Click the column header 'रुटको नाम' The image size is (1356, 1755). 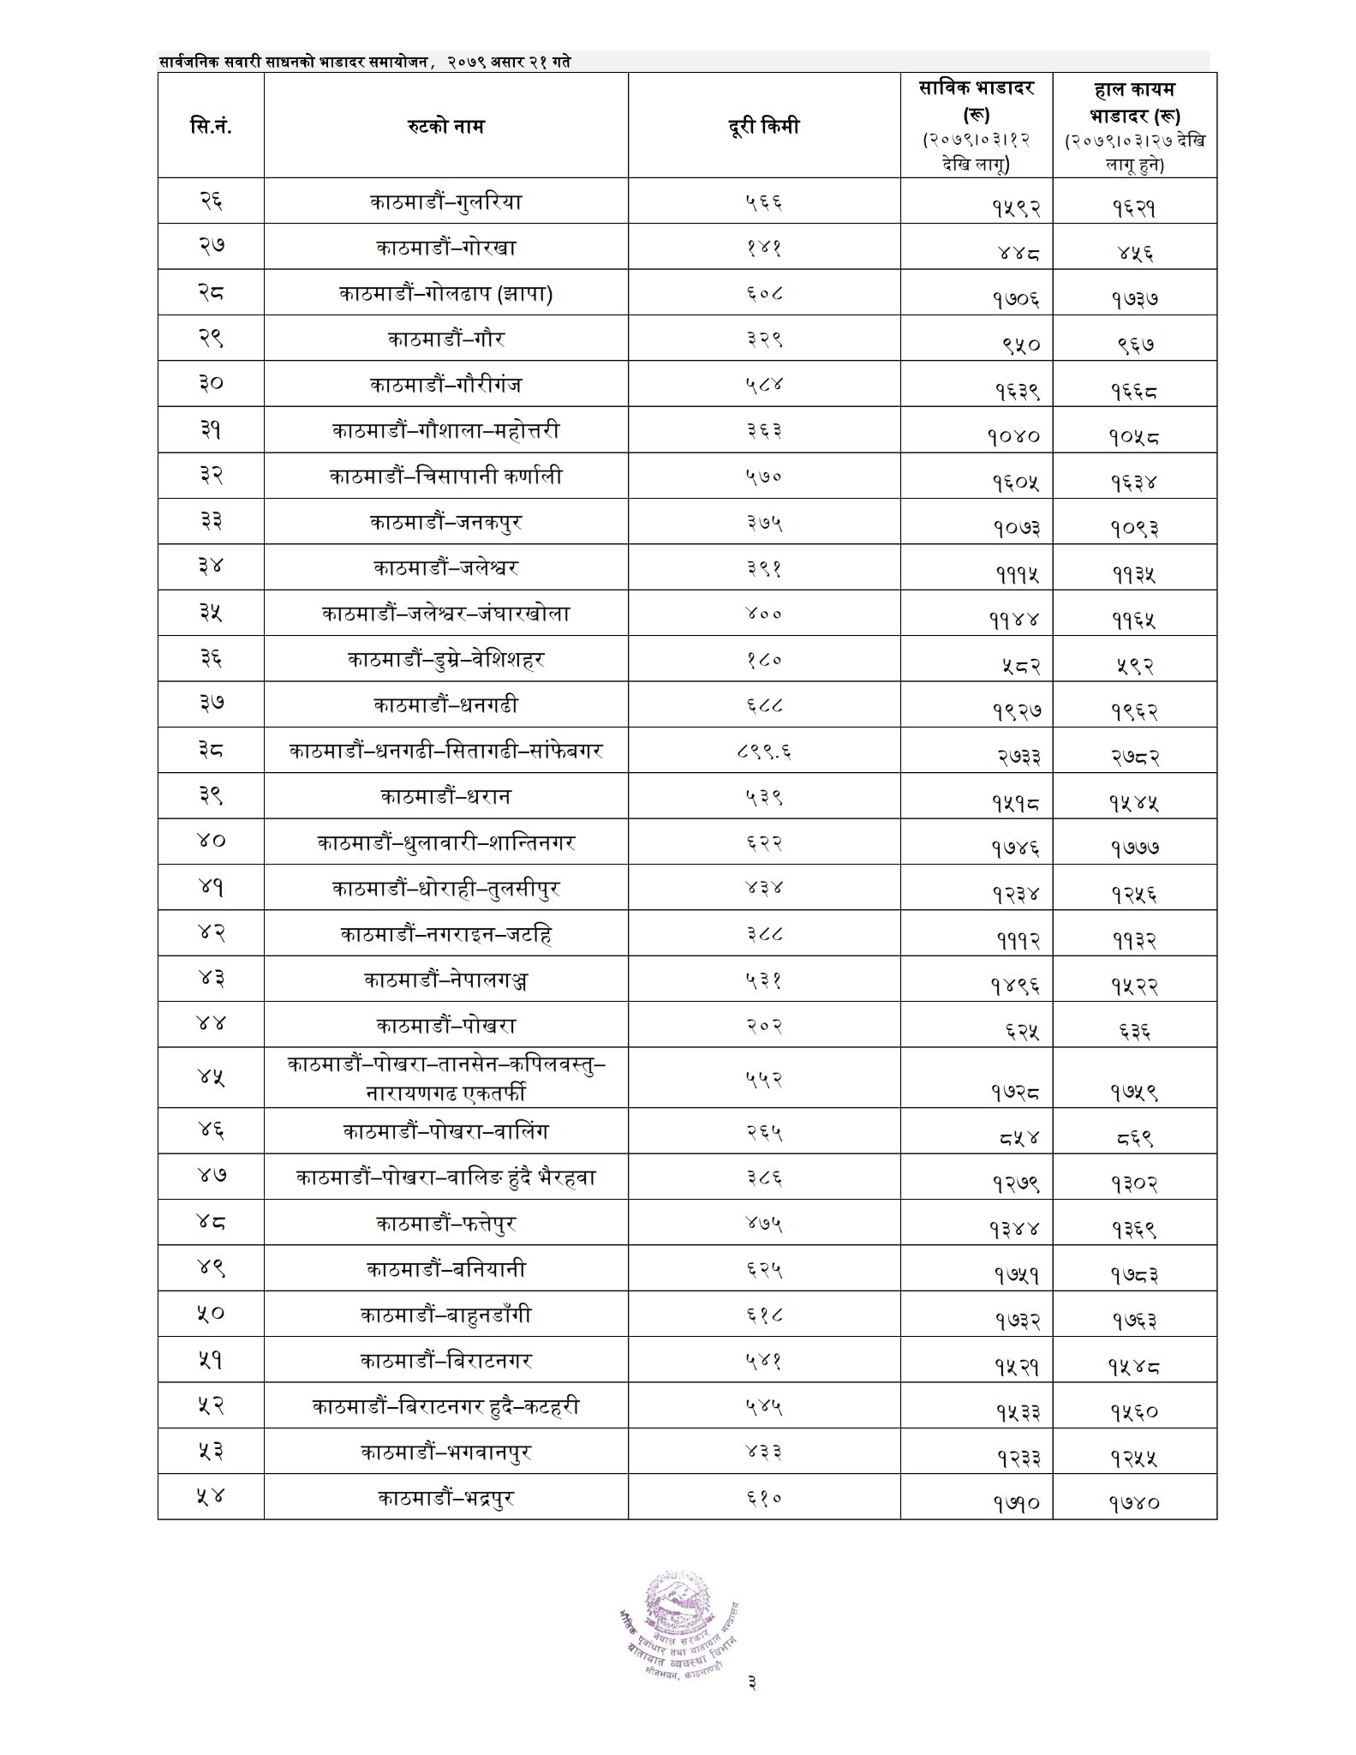445,127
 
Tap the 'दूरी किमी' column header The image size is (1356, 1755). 763,126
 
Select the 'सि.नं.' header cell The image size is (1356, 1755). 211,127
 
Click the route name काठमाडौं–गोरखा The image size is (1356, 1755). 445,249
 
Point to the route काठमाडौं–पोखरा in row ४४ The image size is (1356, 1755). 445,1026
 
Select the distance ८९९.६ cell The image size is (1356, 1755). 763,752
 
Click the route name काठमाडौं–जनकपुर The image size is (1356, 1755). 445,522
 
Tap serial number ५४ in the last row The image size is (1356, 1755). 211,1497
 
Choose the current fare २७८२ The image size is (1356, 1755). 1135,756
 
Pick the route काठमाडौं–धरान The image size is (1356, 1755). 445,797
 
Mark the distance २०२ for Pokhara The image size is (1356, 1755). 763,1026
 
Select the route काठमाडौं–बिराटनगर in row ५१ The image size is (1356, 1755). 445,1360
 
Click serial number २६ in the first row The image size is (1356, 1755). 211,203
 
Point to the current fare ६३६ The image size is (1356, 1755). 1135,1031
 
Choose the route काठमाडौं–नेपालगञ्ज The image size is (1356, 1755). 445,979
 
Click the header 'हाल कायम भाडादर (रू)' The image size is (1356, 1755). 1135,126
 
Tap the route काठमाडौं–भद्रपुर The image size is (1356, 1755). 445,1497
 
